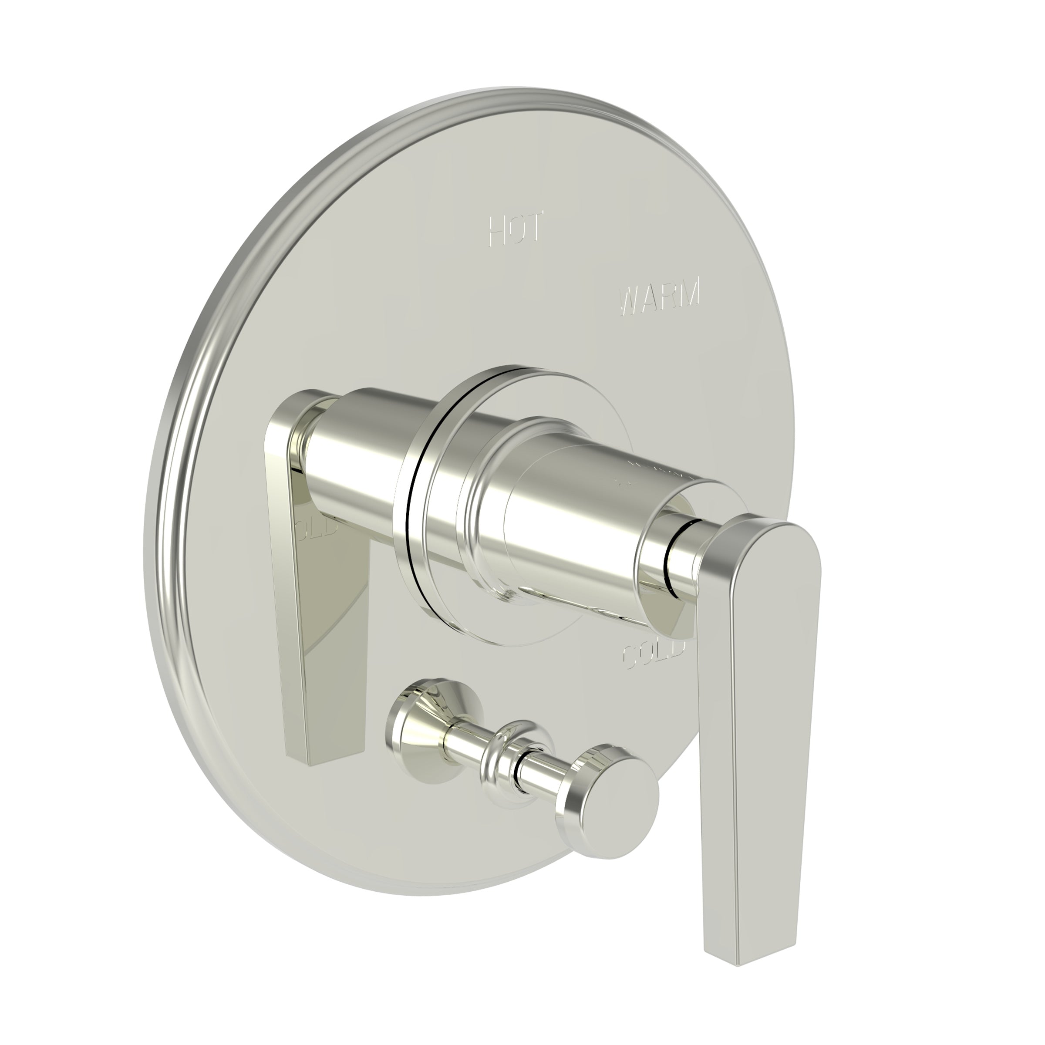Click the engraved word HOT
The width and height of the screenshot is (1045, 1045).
[516, 230]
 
